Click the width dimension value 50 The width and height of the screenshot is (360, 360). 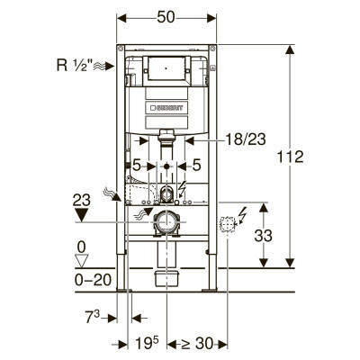[x=166, y=17]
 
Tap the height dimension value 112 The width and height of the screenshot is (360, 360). [x=290, y=157]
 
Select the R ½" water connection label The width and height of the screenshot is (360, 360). [x=75, y=65]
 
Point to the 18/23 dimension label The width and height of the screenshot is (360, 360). [x=246, y=139]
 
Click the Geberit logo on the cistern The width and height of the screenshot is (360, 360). [x=166, y=108]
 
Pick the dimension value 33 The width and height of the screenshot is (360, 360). [x=264, y=236]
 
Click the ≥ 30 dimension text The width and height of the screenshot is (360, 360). [x=197, y=343]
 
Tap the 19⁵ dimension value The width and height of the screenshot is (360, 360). [x=147, y=343]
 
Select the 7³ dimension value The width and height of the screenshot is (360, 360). [x=93, y=317]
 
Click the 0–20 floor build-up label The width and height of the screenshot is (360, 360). [x=93, y=280]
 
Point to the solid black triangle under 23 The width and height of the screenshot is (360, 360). [x=82, y=215]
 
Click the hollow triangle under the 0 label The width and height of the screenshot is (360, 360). [x=81, y=261]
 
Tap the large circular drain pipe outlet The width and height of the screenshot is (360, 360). [x=166, y=222]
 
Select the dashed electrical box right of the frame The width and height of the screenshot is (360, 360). [x=227, y=224]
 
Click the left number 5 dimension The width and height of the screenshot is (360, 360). [x=137, y=166]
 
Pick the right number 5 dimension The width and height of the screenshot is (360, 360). [x=196, y=166]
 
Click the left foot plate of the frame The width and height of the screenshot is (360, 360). [x=124, y=290]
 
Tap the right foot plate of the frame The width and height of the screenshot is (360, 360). [x=209, y=290]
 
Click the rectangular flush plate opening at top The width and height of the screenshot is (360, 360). [x=166, y=68]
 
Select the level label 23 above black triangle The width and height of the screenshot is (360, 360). [x=82, y=200]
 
